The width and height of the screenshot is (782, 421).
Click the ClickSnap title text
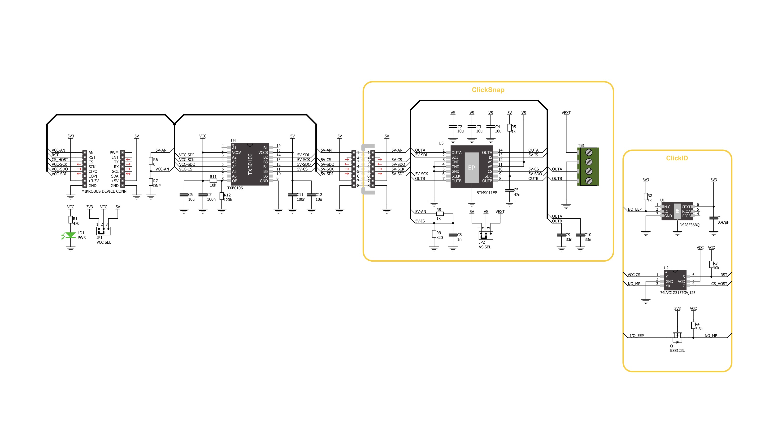coord(488,90)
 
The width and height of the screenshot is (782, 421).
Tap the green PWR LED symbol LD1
coord(70,235)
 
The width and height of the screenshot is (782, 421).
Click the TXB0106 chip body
coord(250,164)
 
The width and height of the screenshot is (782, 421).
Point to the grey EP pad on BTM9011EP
coord(471,167)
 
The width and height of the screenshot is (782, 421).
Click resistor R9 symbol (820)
coord(434,234)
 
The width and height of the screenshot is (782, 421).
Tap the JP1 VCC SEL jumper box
coord(104,231)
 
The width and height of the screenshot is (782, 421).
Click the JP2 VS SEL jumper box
coord(486,236)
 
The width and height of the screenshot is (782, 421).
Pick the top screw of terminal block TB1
coord(589,152)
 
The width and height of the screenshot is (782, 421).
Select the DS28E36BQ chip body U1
coord(677,211)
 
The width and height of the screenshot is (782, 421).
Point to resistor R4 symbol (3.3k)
coord(693,325)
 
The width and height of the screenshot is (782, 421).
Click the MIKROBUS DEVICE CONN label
coord(104,191)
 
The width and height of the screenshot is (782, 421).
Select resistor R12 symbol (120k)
coord(222,196)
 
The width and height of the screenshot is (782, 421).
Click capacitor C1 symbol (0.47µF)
coord(713,218)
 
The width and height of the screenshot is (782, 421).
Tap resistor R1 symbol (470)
coord(70,220)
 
